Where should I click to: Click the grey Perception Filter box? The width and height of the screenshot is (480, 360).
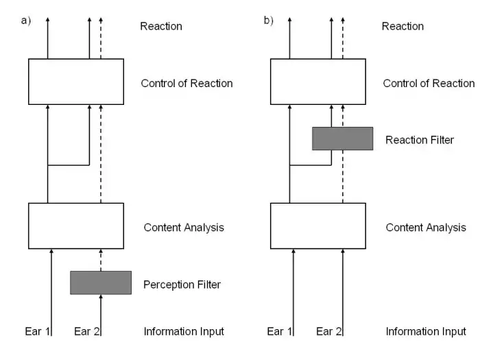click(x=101, y=283)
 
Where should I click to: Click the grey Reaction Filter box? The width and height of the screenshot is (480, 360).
click(x=342, y=139)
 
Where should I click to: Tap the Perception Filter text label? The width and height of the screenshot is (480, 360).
click(x=182, y=283)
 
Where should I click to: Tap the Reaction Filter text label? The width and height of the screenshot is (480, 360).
click(x=420, y=140)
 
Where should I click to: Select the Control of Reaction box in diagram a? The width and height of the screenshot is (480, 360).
click(x=76, y=81)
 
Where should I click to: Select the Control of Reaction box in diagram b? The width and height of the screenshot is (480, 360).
click(x=318, y=81)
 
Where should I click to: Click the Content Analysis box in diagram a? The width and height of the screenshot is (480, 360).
click(x=76, y=226)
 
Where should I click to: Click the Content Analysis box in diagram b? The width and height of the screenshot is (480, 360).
click(x=318, y=226)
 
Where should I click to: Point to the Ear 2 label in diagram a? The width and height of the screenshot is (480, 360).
click(x=87, y=332)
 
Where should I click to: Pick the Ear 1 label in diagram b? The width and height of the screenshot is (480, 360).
click(x=280, y=332)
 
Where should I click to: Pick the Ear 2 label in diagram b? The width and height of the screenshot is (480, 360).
click(x=329, y=332)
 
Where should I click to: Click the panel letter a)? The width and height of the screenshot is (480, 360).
click(x=27, y=21)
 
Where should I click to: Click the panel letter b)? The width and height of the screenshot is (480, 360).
click(x=268, y=21)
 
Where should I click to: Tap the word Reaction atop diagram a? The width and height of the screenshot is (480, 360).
click(x=161, y=27)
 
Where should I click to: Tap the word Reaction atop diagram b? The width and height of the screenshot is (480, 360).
click(x=403, y=27)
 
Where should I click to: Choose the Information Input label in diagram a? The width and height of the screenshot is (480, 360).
click(x=184, y=332)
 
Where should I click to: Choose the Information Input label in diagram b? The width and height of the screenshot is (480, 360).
click(x=426, y=332)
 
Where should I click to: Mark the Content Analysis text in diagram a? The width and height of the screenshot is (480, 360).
click(x=184, y=228)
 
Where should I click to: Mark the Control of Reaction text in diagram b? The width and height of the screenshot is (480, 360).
click(x=429, y=84)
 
